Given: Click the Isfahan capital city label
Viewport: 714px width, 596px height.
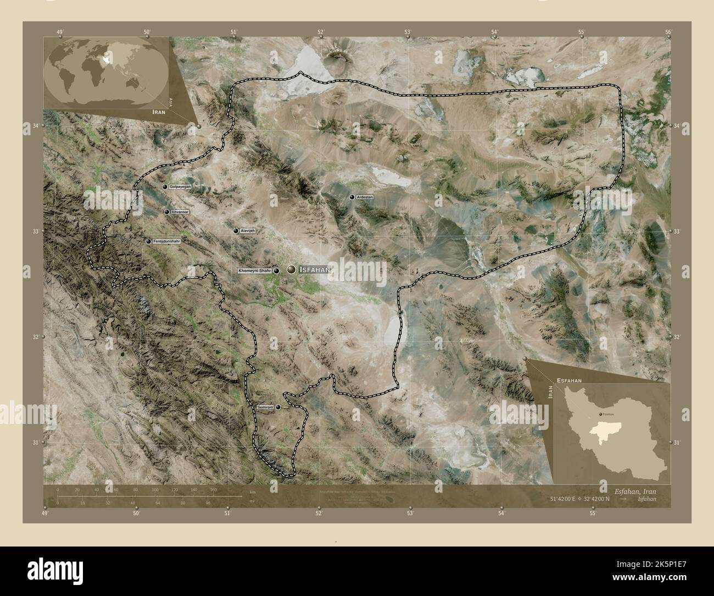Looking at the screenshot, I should (x=315, y=269).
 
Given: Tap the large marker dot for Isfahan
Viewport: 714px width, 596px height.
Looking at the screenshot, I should (x=291, y=269).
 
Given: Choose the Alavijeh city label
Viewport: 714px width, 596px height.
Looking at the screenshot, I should (x=248, y=231).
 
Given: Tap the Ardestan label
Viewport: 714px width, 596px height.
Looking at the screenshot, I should (x=365, y=196).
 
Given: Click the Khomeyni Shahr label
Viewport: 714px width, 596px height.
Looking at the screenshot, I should (x=255, y=271).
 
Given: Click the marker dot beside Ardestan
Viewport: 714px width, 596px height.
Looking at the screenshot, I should (x=352, y=197).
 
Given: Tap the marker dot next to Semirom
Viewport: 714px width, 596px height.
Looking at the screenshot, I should (x=278, y=407).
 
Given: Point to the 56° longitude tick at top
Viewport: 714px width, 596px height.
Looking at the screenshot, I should (x=668, y=32).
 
